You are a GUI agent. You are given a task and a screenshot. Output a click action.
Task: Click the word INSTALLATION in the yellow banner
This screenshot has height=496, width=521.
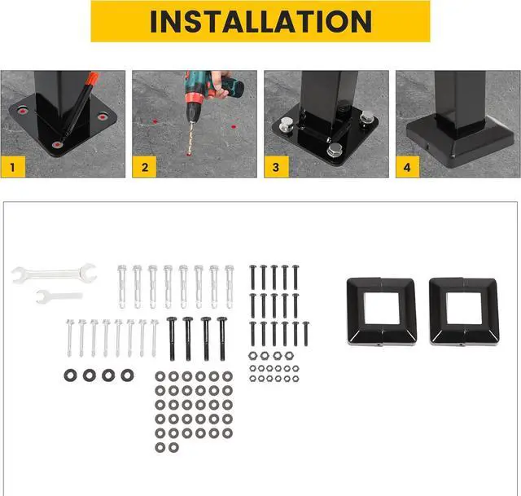pyautogui.click(x=260, y=21)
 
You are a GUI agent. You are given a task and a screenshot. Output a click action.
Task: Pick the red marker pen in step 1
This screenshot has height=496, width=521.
pyautogui.click(x=81, y=106)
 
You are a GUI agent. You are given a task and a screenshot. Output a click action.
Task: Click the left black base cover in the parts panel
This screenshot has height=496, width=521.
pyautogui.click(x=381, y=311)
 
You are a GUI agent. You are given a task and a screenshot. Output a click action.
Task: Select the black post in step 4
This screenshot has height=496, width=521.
pyautogui.click(x=460, y=94)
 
